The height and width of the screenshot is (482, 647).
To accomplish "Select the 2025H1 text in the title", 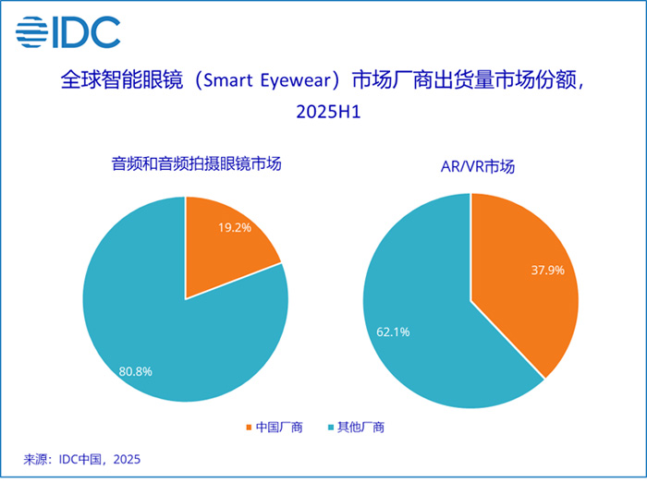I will pyautogui.click(x=323, y=113).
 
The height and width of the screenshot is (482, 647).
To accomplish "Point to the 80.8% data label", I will pyautogui.click(x=135, y=371).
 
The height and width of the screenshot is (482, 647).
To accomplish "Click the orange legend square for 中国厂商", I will pyautogui.click(x=249, y=427).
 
